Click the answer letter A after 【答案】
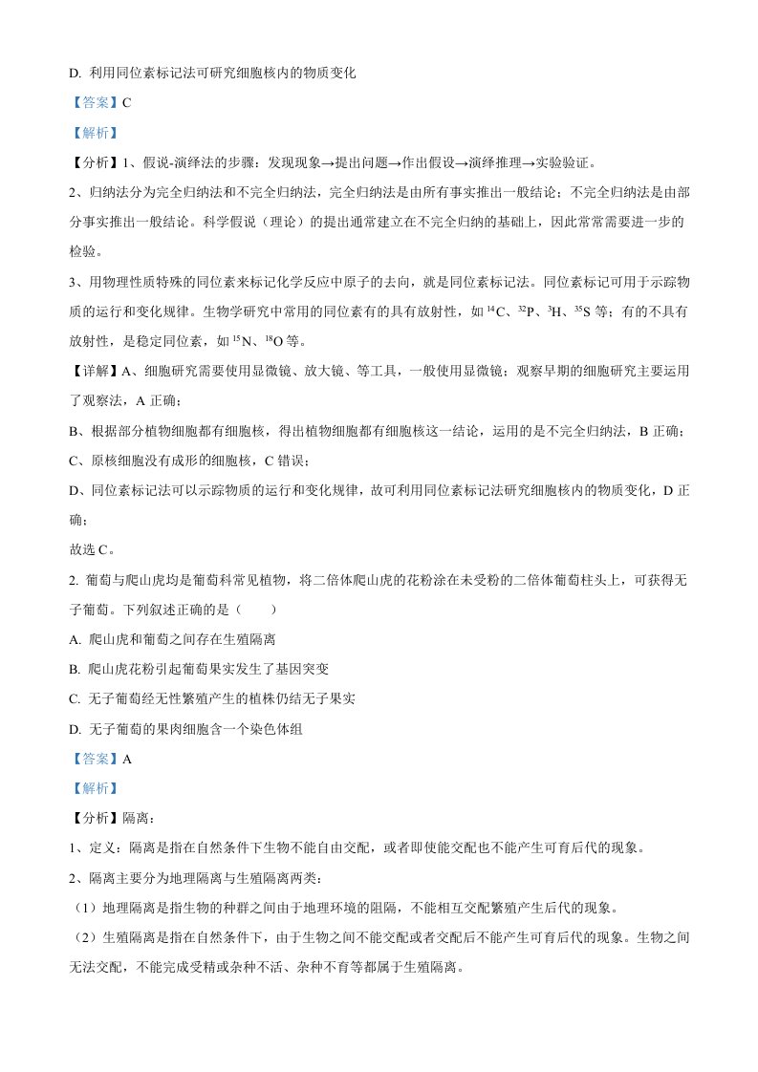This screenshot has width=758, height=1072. click(x=126, y=759)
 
